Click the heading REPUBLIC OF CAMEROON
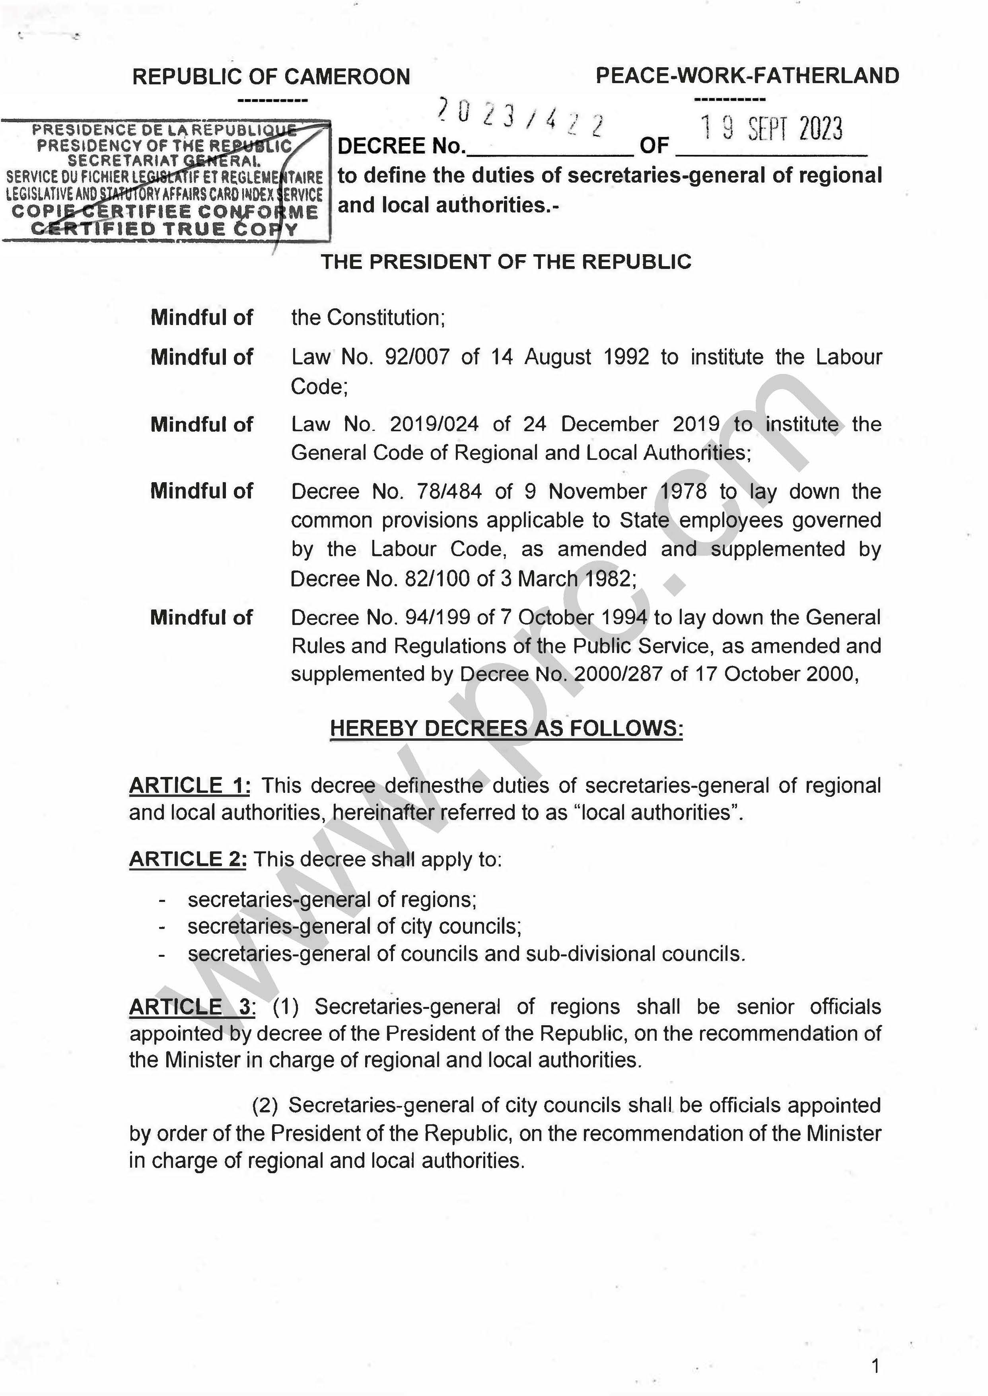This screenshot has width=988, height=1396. coord(271,77)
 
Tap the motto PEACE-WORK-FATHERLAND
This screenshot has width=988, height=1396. coord(747,76)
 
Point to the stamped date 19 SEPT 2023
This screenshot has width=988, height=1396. coord(771,129)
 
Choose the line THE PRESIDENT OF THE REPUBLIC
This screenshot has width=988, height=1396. coord(506,262)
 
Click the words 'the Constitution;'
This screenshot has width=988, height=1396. coord(368,317)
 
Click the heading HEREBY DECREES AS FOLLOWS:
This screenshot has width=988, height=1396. coord(506,728)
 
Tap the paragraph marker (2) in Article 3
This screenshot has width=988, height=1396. coord(265,1106)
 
